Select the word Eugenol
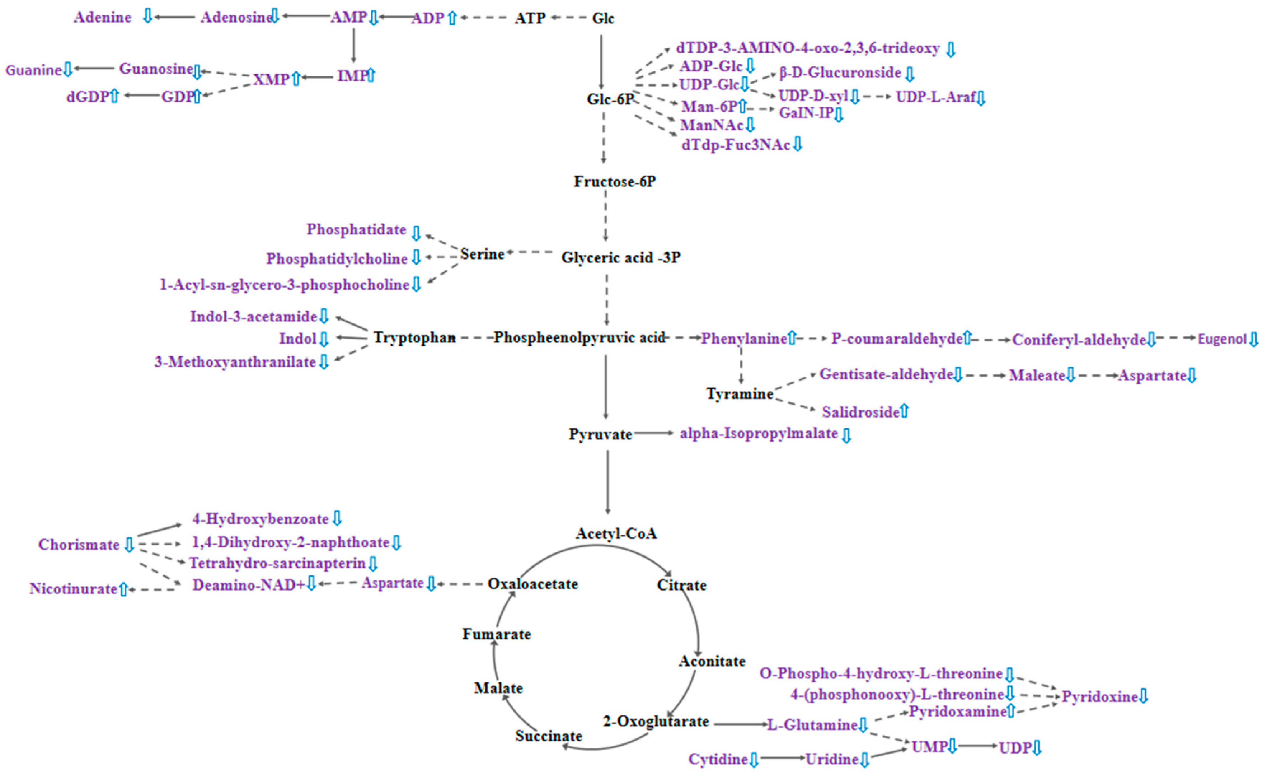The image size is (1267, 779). click(x=1222, y=339)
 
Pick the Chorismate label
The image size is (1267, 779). click(x=79, y=545)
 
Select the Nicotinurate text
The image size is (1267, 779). click(x=73, y=589)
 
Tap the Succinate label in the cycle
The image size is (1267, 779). click(x=548, y=736)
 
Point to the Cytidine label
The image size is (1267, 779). click(x=718, y=759)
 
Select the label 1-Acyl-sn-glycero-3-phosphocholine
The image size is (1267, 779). click(x=284, y=285)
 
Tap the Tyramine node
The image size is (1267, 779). click(x=739, y=394)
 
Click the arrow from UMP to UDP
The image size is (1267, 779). click(x=977, y=746)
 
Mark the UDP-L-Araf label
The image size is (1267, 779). click(x=935, y=97)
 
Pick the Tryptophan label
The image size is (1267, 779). click(x=414, y=337)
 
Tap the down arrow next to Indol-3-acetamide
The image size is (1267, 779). click(x=323, y=316)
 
